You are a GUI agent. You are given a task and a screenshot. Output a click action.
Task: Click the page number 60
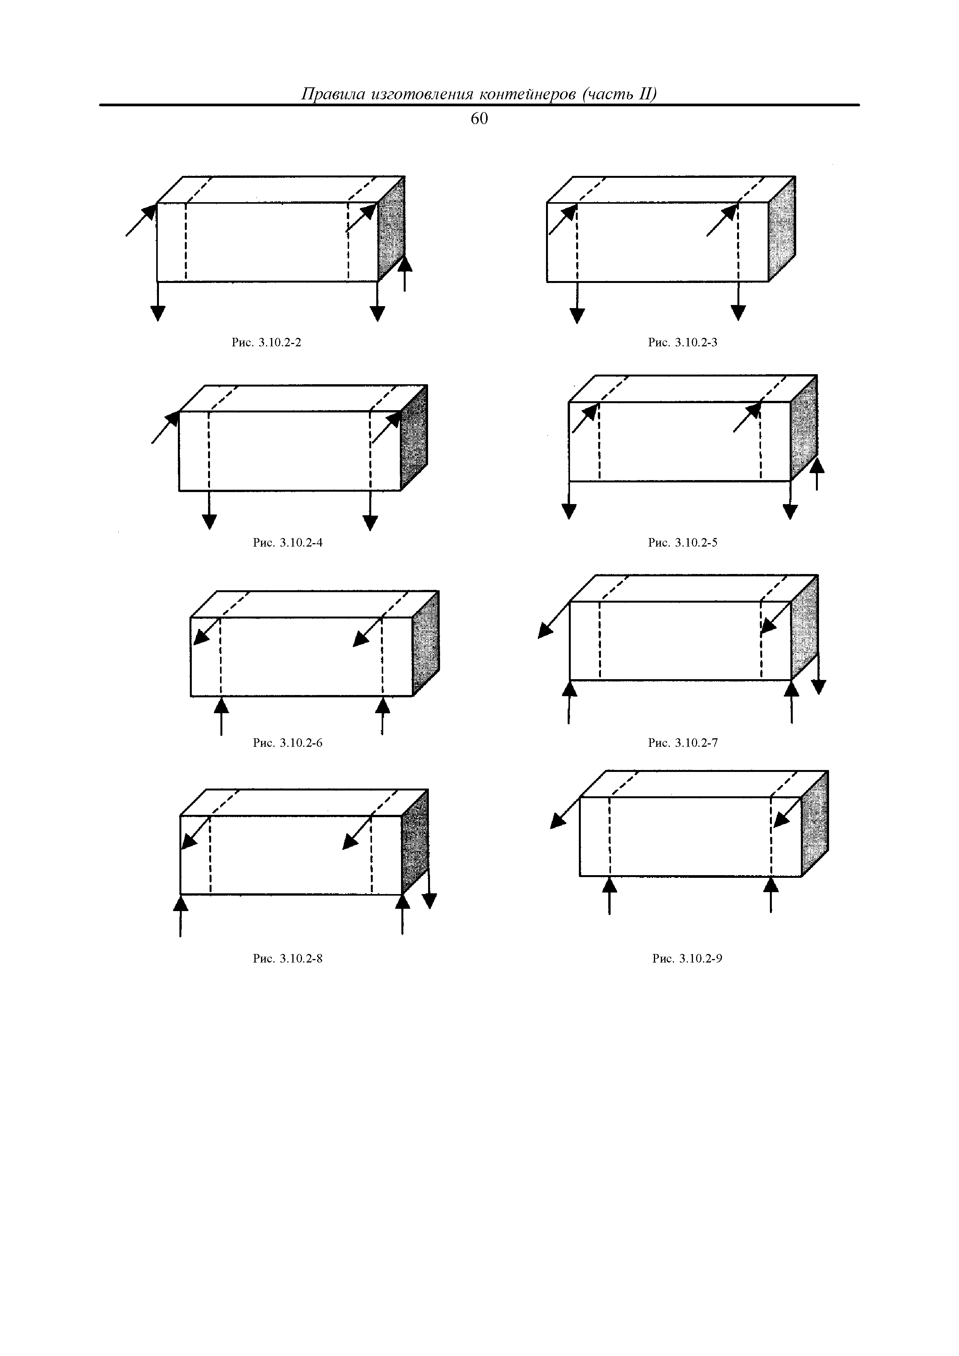pyautogui.click(x=479, y=119)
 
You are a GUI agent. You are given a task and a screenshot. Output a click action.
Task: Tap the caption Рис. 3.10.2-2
pyautogui.click(x=266, y=342)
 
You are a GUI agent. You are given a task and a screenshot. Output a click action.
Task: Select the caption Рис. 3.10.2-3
pyautogui.click(x=683, y=342)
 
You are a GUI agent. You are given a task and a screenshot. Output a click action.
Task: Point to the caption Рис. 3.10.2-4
pyautogui.click(x=288, y=542)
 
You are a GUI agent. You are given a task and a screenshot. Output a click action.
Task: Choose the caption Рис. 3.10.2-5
pyautogui.click(x=683, y=542)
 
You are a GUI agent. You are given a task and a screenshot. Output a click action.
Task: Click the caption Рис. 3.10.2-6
pyautogui.click(x=288, y=743)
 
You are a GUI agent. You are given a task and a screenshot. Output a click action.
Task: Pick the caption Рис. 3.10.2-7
pyautogui.click(x=683, y=743)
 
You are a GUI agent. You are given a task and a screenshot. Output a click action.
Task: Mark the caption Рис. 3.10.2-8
pyautogui.click(x=288, y=958)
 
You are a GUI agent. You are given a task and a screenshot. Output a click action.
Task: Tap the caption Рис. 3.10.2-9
pyautogui.click(x=687, y=958)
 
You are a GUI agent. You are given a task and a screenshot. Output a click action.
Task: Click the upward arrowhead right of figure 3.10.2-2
pyautogui.click(x=405, y=263)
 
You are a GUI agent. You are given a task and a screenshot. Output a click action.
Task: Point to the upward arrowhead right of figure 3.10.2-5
pyautogui.click(x=817, y=465)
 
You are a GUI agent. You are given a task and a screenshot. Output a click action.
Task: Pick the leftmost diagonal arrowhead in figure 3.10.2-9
pyautogui.click(x=557, y=820)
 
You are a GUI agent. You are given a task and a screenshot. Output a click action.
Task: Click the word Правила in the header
pyautogui.click(x=331, y=94)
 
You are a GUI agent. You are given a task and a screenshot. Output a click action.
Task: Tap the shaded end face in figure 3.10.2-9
pyautogui.click(x=815, y=824)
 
